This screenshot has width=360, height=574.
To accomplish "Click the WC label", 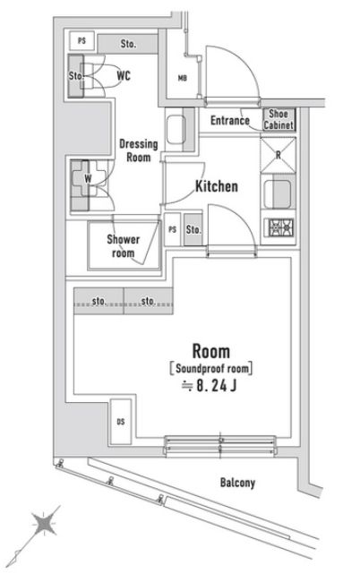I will coord(124,77).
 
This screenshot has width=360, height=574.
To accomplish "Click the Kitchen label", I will coord(217,187).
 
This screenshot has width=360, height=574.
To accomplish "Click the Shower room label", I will coord(124,245).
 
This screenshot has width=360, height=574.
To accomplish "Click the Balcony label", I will coord(237,483).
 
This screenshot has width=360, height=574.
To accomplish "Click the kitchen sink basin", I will coord(279,192).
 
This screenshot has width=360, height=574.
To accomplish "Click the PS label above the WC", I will coord(82,41).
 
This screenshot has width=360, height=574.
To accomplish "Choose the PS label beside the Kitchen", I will coord(172,230).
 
